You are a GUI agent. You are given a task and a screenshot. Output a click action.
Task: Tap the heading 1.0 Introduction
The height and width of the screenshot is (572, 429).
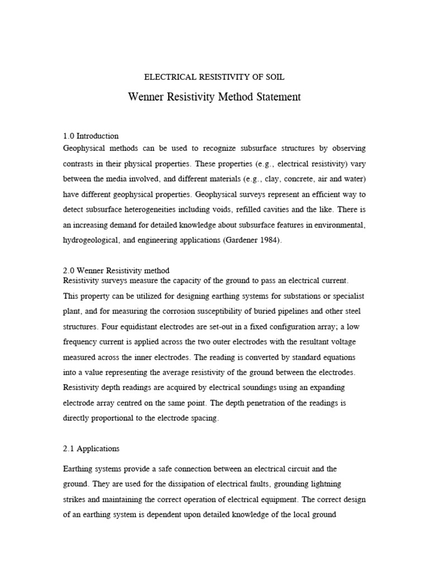(x=90, y=136)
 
